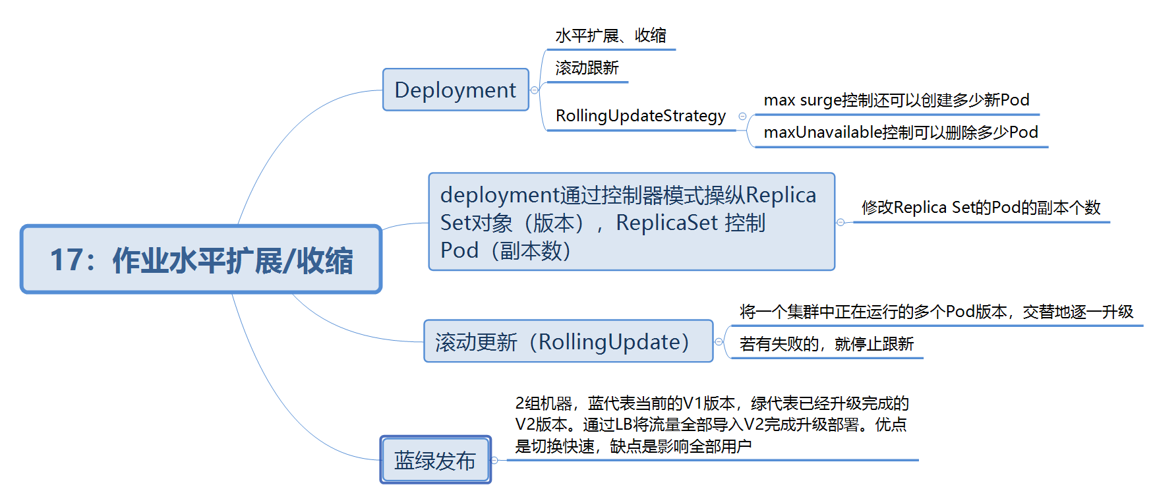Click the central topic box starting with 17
coord(201,259)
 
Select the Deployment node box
coord(456,90)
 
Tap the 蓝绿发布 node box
coord(435,460)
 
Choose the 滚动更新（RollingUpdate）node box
coord(568,341)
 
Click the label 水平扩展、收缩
coord(610,36)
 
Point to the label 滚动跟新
coord(587,68)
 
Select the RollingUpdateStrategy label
coord(641,116)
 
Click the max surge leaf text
coord(897,100)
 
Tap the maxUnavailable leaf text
coord(900,132)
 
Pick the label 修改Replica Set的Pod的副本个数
coord(981,208)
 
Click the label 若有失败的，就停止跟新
coord(827,344)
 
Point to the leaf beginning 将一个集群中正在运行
coord(936,312)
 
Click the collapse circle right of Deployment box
coord(535,90)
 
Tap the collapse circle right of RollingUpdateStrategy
coord(743,117)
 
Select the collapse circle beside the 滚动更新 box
coord(719,342)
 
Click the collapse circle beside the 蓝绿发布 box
coord(495,460)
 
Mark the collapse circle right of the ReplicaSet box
coord(841,223)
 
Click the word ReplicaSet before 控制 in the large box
coord(666,223)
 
